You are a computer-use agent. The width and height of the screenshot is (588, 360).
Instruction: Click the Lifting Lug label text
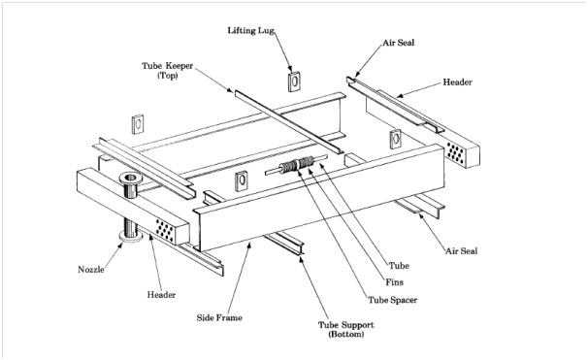250,30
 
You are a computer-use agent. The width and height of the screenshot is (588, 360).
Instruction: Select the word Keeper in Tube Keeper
180,66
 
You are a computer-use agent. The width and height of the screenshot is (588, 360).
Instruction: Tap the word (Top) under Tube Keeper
167,76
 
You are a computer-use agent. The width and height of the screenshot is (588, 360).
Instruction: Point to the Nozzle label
91,269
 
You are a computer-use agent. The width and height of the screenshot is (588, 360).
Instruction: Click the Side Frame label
219,317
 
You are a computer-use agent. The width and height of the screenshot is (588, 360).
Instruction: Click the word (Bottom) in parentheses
346,334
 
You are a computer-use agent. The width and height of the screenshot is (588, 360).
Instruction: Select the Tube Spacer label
392,300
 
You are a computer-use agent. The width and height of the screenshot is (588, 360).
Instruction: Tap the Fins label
395,282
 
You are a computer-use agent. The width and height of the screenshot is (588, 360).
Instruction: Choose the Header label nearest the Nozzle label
161,295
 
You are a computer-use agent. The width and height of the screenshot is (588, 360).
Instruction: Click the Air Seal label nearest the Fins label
461,251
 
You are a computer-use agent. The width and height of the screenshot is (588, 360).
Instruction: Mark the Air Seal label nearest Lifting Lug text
398,43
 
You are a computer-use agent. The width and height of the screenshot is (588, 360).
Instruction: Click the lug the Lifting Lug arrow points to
295,82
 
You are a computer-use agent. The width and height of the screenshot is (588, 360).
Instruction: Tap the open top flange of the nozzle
130,178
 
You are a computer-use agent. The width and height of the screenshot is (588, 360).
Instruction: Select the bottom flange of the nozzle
131,236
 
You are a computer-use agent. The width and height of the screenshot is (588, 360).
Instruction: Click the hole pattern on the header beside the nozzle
165,230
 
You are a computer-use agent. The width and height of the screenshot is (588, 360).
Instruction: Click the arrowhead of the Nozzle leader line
121,245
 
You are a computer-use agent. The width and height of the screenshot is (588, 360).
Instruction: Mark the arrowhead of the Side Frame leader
248,245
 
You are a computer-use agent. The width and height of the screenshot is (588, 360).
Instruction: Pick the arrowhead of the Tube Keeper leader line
230,89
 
